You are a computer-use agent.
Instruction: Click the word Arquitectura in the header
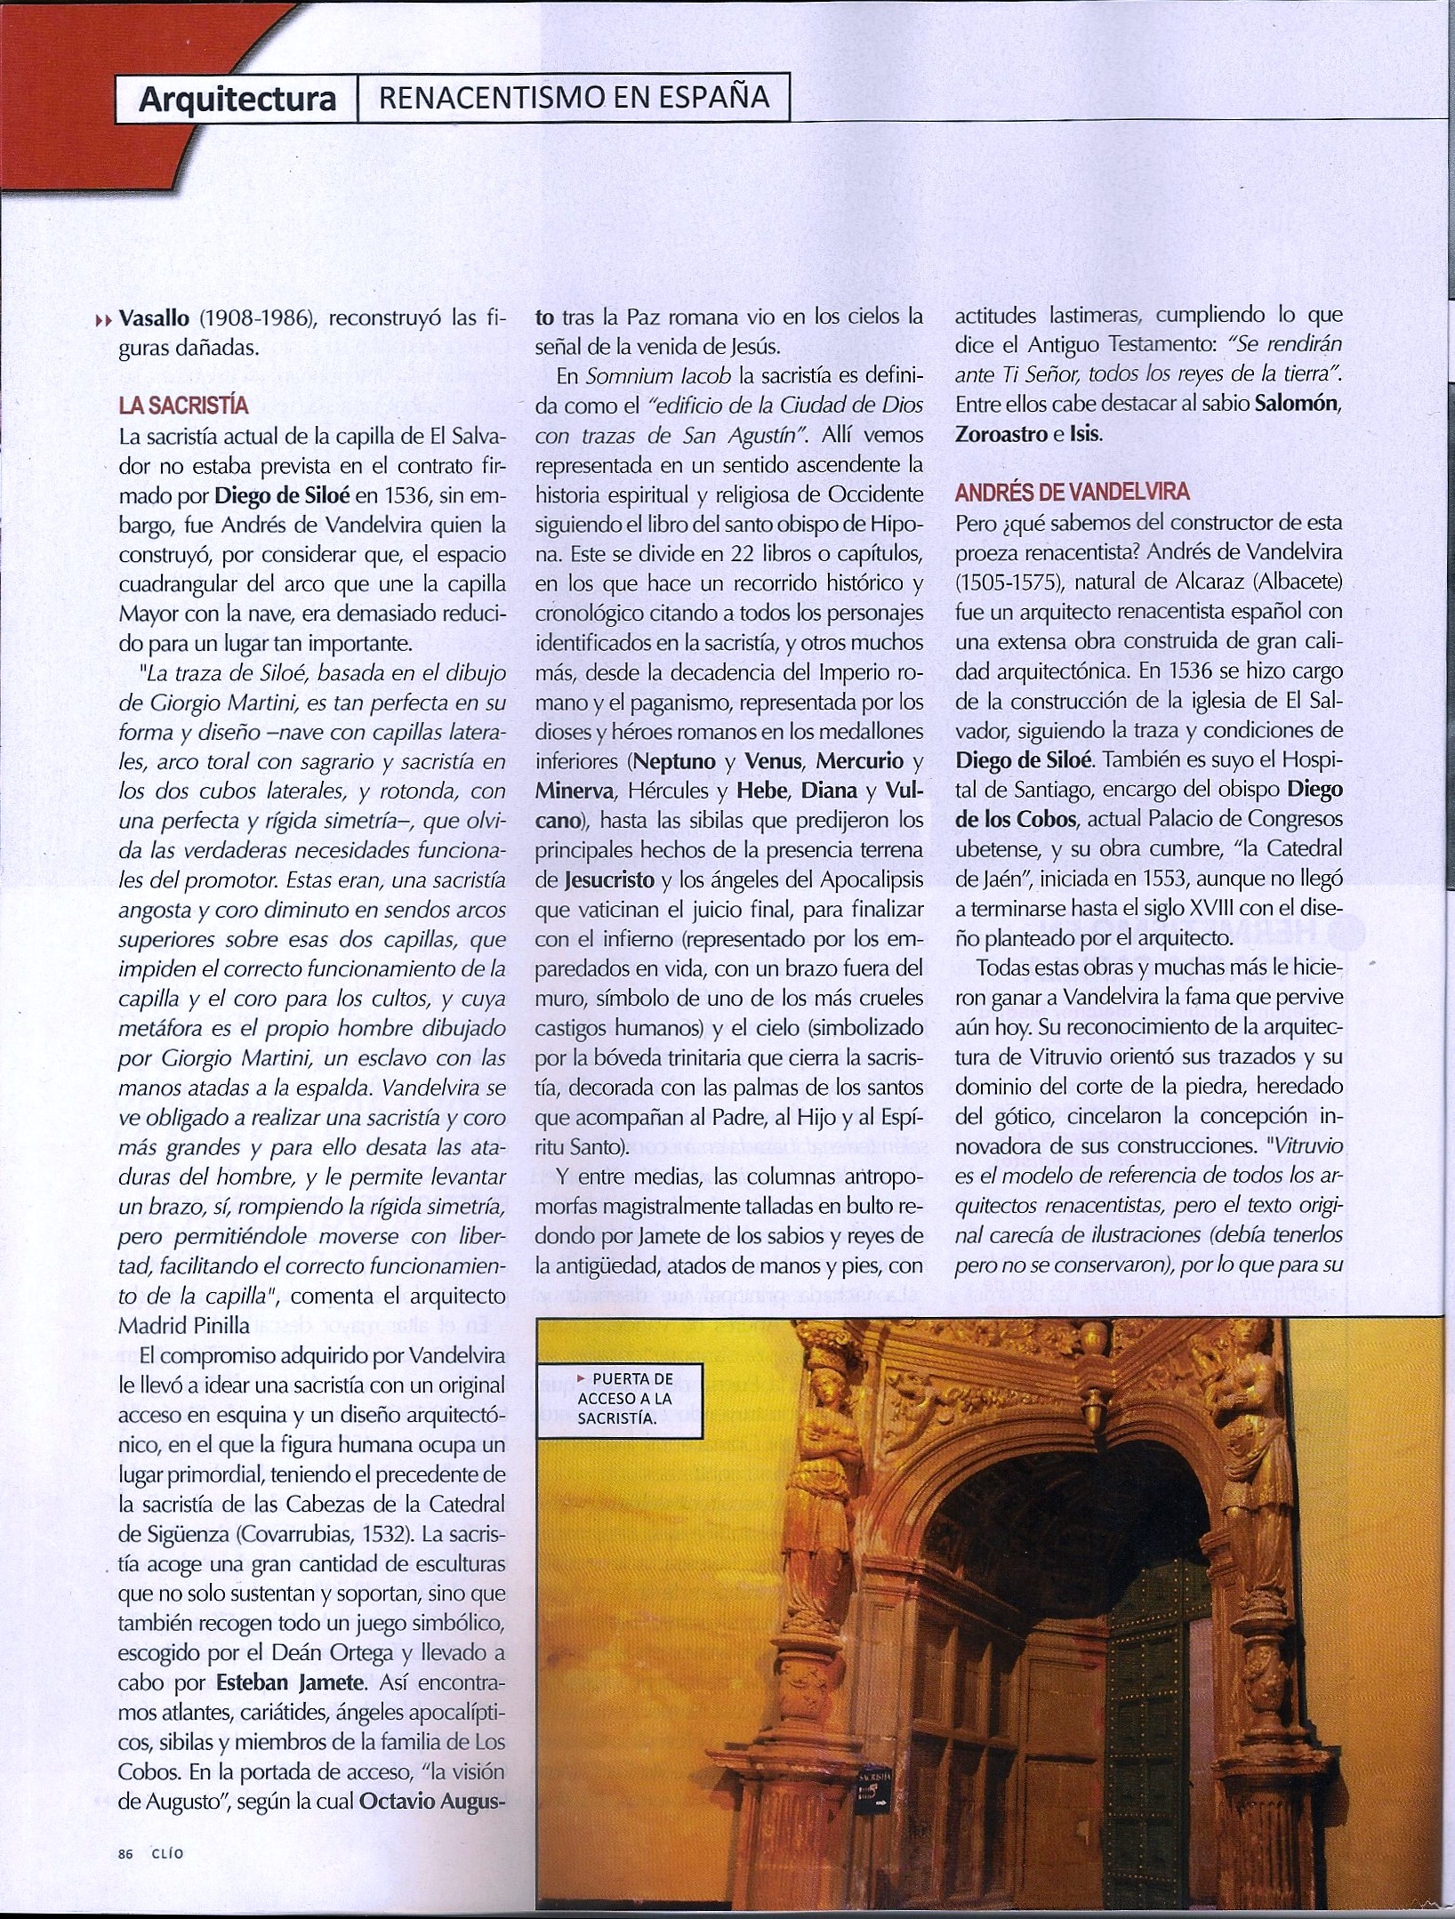click(x=237, y=100)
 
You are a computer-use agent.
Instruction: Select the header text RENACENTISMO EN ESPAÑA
click(x=574, y=97)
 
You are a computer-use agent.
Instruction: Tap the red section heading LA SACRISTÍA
click(x=184, y=407)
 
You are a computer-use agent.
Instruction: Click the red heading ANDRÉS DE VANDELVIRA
click(x=1072, y=492)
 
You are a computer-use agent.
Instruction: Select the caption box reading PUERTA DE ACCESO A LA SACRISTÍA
click(x=620, y=1398)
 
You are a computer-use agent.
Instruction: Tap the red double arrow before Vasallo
click(x=105, y=320)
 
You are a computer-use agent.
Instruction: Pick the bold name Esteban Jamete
click(x=292, y=1709)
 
